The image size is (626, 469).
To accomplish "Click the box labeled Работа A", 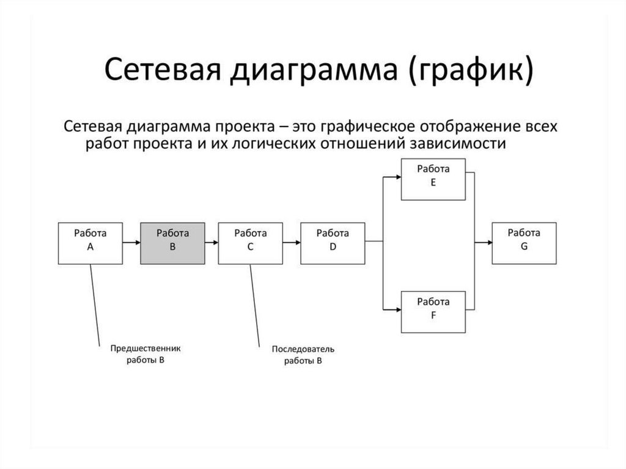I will pos(90,242).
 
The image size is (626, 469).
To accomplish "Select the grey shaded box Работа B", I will pos(172,242).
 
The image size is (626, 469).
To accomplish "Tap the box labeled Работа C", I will pos(251,242).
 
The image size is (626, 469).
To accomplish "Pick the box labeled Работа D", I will pos(333,242).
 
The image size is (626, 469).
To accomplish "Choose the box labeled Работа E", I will pos(433,179).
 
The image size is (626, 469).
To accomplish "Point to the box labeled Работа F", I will pos(433,311).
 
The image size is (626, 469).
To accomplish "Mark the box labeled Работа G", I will pos(524,242).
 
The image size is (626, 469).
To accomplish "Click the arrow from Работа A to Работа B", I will pos(131,243).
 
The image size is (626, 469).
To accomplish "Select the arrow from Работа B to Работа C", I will pos(211,243).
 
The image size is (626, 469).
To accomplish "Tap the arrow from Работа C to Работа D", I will pos(292,243).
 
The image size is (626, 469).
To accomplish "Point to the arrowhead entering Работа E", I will pos(397,177).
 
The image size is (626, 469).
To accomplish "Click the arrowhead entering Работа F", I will pos(397,310).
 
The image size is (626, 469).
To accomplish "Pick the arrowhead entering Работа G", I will pos(488,243).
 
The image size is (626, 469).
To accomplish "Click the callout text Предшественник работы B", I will pos(145,354).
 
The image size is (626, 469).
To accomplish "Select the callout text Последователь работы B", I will pos(303,355).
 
